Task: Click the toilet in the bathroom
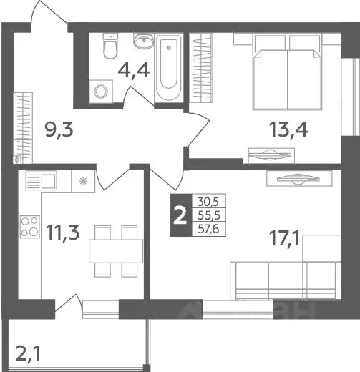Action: click(x=110, y=47)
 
